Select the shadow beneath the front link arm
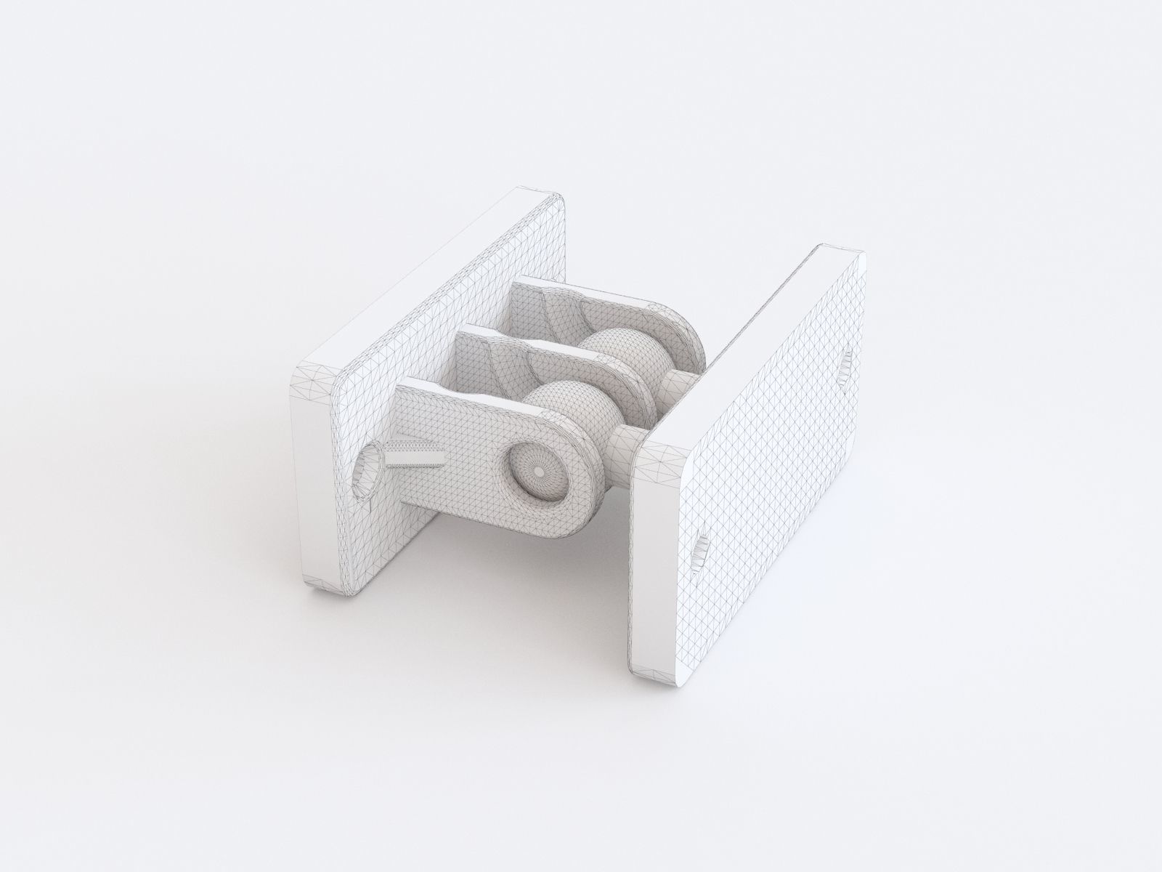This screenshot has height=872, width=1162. [508, 552]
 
